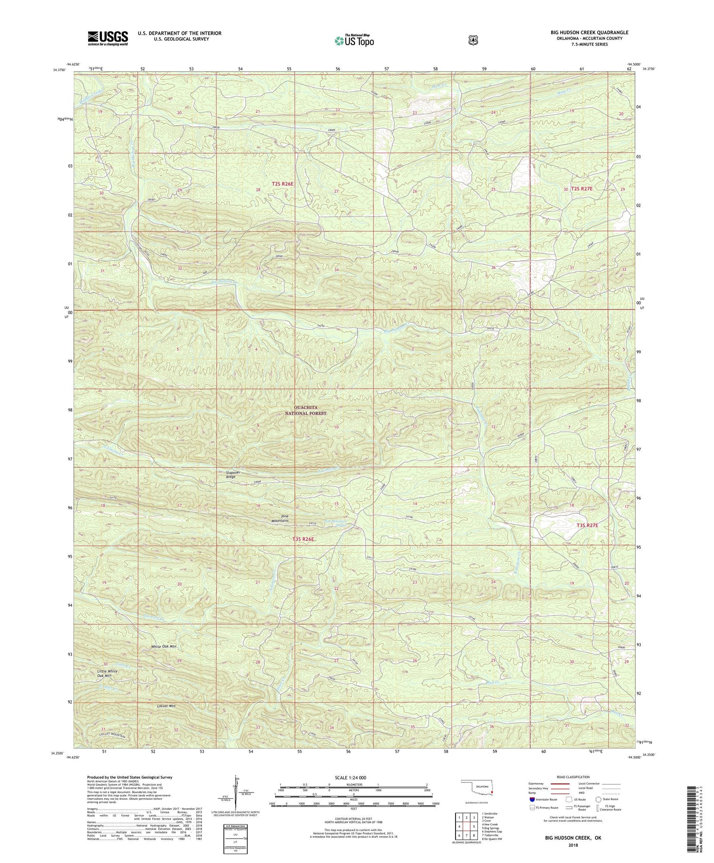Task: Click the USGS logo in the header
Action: click(108, 38)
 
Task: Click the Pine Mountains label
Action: click(279, 518)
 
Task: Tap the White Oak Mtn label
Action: click(164, 646)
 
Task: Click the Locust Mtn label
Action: click(166, 706)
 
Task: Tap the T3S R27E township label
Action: click(587, 526)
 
